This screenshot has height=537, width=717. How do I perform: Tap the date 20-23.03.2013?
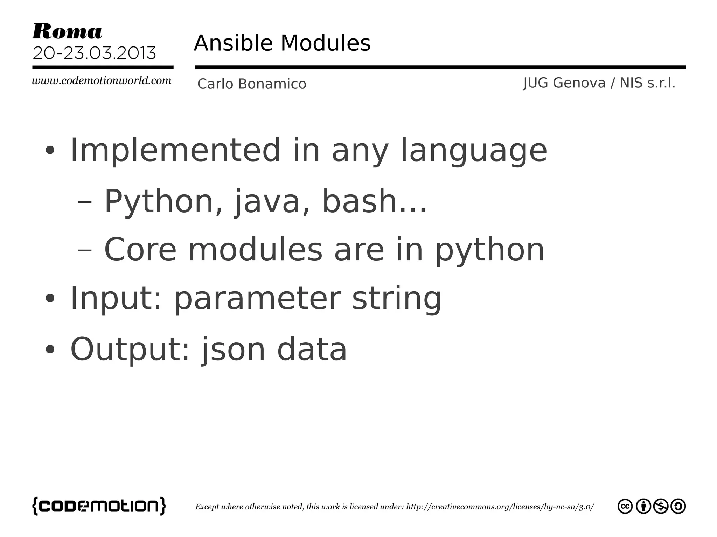[x=94, y=53]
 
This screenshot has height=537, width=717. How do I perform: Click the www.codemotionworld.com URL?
[x=102, y=81]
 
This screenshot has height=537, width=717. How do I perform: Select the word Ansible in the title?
[x=233, y=43]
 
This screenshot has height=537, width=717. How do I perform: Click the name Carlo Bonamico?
[x=252, y=84]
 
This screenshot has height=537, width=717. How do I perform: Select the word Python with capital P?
[x=159, y=202]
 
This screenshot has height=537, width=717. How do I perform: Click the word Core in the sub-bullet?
[x=140, y=250]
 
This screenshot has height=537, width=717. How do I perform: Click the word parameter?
[x=257, y=299]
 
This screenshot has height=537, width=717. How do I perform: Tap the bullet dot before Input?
[x=50, y=299]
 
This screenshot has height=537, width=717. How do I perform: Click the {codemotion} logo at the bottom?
[x=99, y=506]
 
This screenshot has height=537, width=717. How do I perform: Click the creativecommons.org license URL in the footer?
[x=500, y=507]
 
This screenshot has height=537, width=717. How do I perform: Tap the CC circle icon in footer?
[x=625, y=506]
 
